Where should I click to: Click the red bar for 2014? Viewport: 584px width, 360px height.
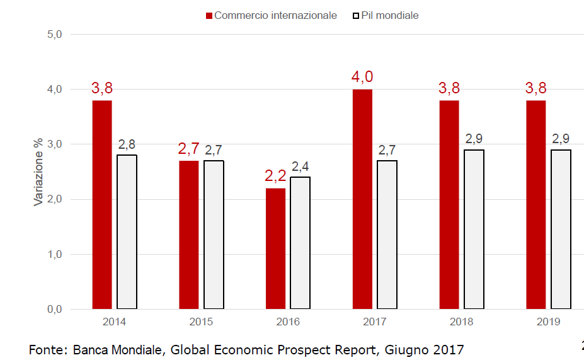102,205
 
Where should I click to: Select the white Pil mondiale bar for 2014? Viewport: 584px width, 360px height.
127,232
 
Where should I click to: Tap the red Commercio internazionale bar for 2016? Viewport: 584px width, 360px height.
275,248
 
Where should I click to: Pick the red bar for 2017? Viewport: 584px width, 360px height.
362,199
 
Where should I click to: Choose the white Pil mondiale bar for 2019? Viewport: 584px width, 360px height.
561,229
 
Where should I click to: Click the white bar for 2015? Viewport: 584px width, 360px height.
214,235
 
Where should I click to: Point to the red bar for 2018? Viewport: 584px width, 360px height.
449,205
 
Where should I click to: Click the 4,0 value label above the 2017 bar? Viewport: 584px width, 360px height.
362,77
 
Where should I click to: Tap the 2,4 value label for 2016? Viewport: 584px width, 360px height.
300,166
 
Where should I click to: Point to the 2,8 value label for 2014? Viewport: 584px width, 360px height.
127,144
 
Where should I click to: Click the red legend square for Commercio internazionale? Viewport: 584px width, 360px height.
209,15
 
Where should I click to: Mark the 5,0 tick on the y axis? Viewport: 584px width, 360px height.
55,34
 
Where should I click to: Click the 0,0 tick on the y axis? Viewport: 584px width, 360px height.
55,310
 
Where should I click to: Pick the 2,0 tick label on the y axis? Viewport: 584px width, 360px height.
55,199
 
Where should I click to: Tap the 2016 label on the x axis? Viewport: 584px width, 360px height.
288,322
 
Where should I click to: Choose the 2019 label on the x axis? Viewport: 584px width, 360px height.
548,322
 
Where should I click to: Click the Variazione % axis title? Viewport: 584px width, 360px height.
38,172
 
